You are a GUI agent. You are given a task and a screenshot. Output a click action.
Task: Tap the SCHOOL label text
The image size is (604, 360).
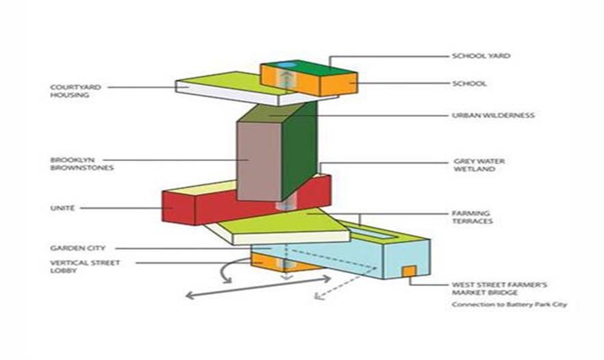point(469,83)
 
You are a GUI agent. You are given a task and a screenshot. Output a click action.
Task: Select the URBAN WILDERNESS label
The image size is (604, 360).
point(492,115)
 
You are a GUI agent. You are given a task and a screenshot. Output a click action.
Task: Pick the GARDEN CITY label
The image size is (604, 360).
point(77,247)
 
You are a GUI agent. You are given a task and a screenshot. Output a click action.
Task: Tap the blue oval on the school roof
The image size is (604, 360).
point(288,64)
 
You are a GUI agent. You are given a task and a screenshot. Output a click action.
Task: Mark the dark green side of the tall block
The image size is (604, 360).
point(299,151)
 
